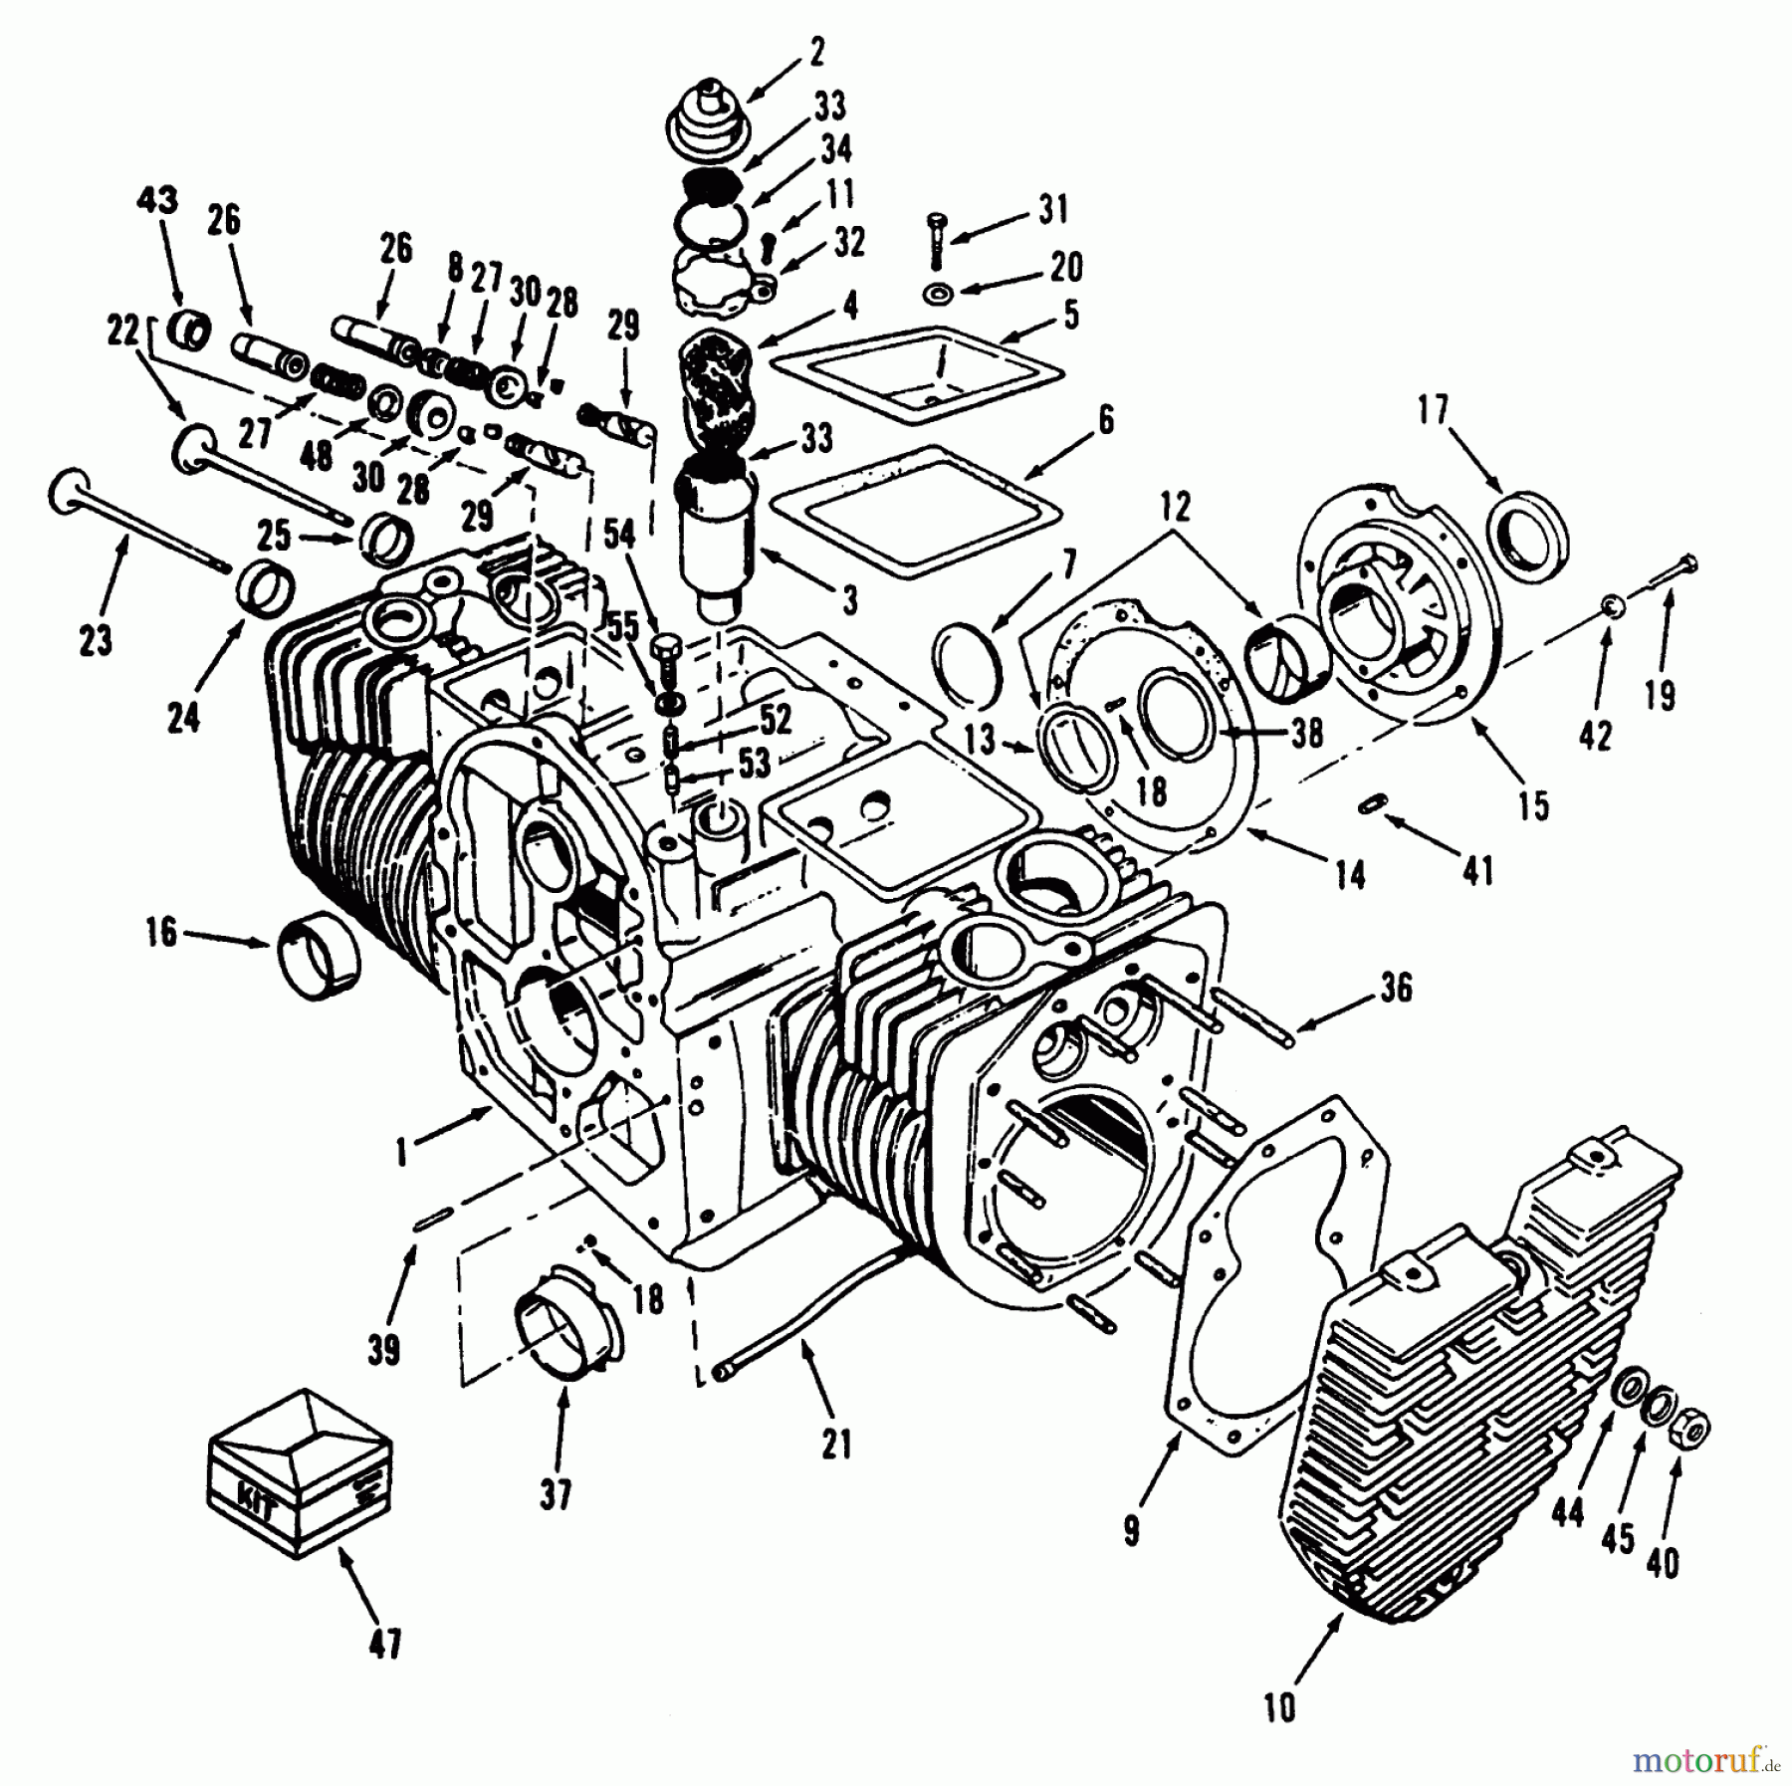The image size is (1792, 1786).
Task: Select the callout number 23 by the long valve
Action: point(95,641)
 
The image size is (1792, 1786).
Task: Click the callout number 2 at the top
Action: point(817,52)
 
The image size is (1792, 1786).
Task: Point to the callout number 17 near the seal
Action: point(1433,411)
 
